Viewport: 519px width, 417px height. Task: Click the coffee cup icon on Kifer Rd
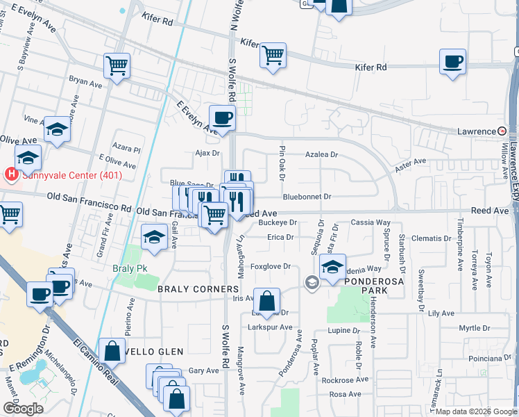[x=452, y=62]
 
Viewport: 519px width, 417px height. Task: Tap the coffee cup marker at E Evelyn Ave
[x=222, y=117]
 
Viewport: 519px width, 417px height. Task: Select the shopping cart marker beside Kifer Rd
[x=273, y=55]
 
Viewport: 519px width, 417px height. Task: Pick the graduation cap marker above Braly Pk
[x=154, y=238]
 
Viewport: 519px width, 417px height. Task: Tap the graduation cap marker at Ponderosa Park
[x=333, y=267]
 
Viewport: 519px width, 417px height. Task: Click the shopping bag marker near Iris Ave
[x=266, y=302]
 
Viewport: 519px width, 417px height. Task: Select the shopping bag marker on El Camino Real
[x=112, y=352]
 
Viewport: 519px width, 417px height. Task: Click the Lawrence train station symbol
[x=502, y=131]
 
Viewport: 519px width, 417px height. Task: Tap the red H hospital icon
[x=11, y=174]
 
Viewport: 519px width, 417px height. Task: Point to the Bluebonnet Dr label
[x=307, y=197]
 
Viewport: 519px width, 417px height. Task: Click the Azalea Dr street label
[x=322, y=155]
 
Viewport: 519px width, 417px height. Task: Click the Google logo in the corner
[x=23, y=409]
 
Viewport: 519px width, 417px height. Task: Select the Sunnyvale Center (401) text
[x=72, y=175]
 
